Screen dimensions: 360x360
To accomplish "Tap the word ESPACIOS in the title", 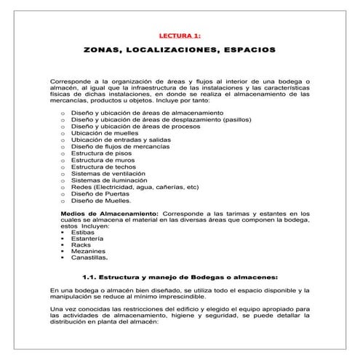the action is pyautogui.click(x=249, y=51).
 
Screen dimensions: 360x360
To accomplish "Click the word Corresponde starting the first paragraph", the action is pyautogui.click(x=71, y=81).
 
